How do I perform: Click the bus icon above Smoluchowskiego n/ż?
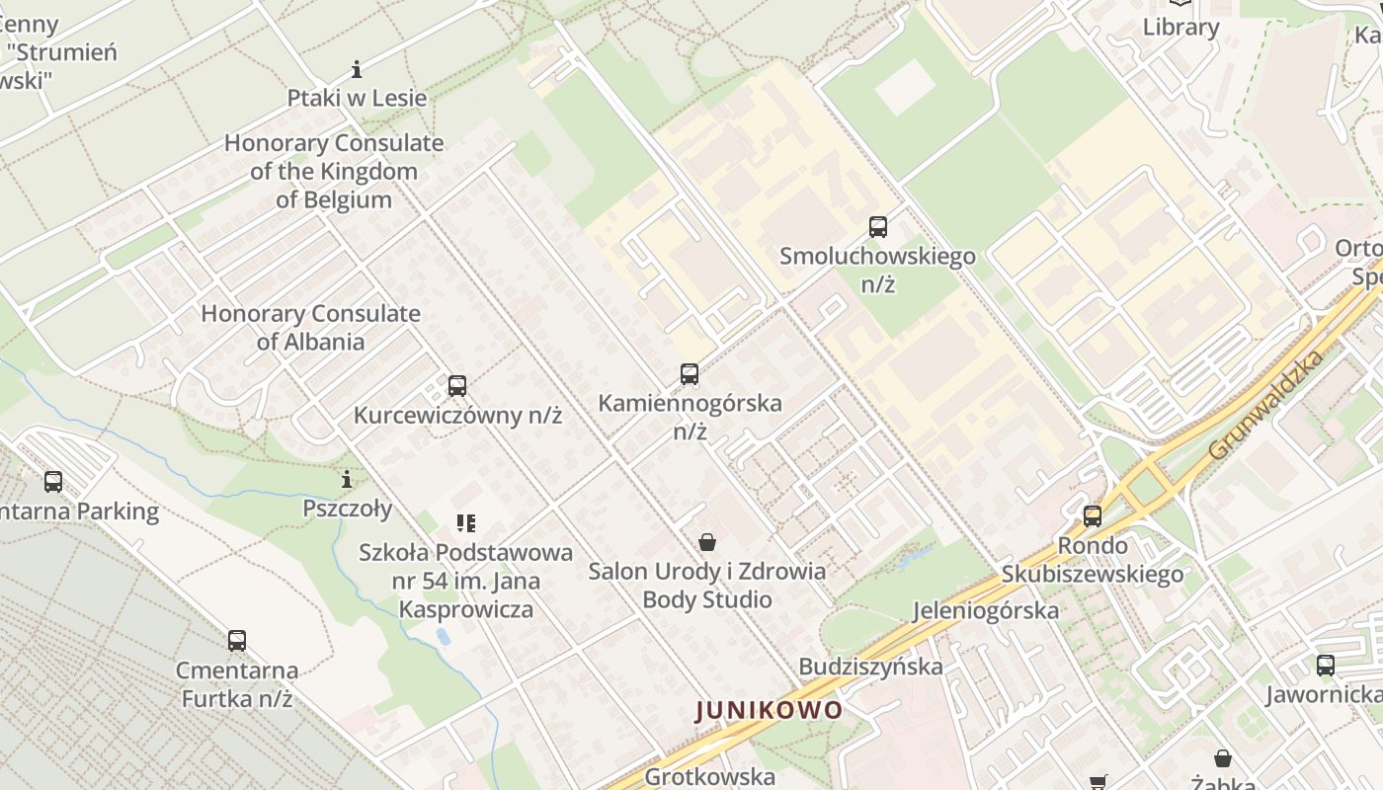[878, 227]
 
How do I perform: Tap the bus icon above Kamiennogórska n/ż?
[690, 374]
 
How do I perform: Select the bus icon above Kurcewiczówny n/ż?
[456, 385]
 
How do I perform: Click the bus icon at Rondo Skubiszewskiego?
[1093, 515]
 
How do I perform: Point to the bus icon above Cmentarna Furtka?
[237, 640]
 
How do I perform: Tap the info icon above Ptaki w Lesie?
[357, 69]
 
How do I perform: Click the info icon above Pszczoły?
[347, 480]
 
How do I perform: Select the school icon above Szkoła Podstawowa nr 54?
[466, 522]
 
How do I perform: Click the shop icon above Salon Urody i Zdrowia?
[707, 541]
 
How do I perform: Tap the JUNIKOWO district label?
[770, 710]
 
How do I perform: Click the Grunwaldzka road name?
[1265, 404]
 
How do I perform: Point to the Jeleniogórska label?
[986, 610]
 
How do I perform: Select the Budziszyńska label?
[870, 667]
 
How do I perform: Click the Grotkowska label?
[709, 777]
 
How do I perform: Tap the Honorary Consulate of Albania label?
[311, 328]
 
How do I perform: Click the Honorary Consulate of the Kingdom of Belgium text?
[334, 171]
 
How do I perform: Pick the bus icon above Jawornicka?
[1326, 666]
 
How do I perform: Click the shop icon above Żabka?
[1223, 758]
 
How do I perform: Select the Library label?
[1180, 27]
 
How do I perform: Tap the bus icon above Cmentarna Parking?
[53, 482]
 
